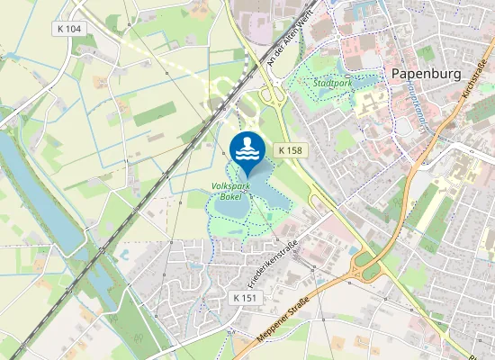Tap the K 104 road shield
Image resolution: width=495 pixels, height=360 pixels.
68,30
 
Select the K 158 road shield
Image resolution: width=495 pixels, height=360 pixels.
289,150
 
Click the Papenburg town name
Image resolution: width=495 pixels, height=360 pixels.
427,73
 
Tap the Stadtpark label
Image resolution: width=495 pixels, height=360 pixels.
333,83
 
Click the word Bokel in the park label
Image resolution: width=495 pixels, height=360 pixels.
231,196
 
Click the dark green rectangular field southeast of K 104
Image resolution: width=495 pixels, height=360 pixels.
155,113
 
